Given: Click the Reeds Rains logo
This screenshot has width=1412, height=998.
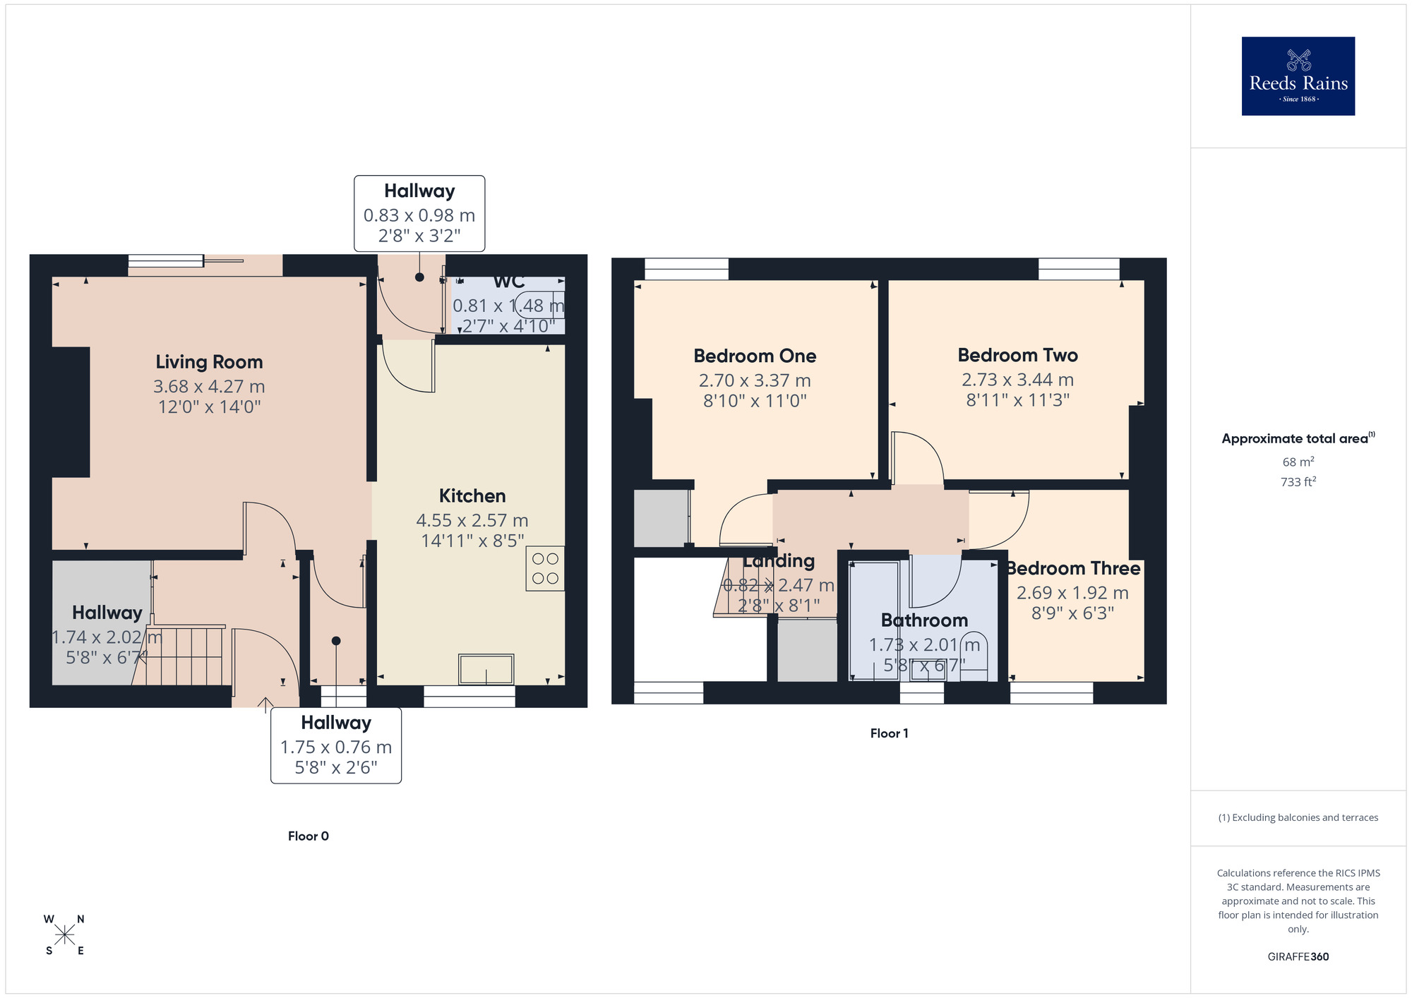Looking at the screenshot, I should [x=1298, y=76].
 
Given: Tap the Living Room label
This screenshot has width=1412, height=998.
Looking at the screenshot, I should [x=209, y=362].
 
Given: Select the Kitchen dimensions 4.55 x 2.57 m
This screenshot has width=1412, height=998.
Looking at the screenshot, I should [x=472, y=520].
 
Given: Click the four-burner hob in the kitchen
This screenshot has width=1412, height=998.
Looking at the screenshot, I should [x=545, y=568].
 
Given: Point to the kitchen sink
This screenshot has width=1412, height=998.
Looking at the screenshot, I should [x=486, y=669].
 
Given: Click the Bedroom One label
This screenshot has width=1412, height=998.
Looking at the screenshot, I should [x=755, y=356].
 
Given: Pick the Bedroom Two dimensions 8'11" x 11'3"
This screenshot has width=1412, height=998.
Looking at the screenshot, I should [x=1017, y=400].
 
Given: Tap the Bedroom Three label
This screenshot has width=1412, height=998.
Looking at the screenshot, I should [x=1072, y=568].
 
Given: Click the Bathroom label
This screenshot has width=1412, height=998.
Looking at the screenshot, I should [x=924, y=620].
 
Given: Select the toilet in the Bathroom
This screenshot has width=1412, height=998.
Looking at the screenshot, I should [x=974, y=656].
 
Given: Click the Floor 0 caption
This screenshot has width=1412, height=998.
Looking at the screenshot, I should [x=309, y=836].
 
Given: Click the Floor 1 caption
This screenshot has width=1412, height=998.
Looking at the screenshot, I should [x=889, y=733].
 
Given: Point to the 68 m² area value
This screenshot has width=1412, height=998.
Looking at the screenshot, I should [x=1298, y=462].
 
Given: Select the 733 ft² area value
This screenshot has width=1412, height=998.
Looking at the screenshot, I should [x=1298, y=482].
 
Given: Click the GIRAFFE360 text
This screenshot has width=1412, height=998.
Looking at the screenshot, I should [x=1298, y=956].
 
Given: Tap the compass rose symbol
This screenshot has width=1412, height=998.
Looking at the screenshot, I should [x=65, y=935].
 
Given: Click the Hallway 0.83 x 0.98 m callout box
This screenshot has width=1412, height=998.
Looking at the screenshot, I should [x=419, y=213].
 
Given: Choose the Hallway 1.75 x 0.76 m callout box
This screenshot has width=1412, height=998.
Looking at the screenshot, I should [x=336, y=745].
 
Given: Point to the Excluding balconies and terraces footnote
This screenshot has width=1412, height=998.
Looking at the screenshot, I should [x=1298, y=817].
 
